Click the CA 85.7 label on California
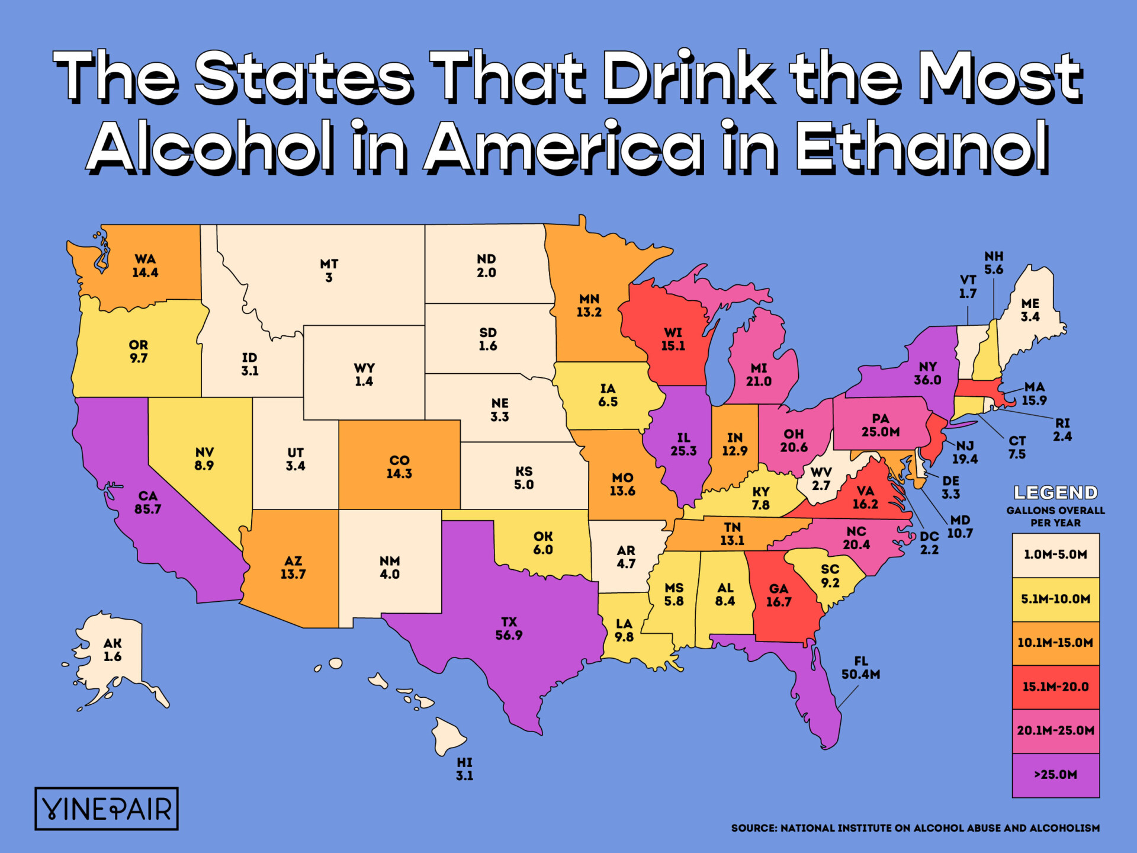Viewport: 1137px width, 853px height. (x=147, y=502)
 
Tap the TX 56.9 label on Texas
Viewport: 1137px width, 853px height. (x=509, y=628)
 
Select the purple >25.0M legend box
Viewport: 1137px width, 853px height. (x=1055, y=775)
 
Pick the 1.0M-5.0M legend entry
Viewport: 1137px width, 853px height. (x=1055, y=555)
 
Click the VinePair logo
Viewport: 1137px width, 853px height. (x=107, y=809)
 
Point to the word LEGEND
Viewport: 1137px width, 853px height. (x=1055, y=493)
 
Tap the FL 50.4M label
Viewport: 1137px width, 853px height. (x=860, y=668)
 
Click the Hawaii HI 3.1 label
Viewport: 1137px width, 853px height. (x=464, y=769)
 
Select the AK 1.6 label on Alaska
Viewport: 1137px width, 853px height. (x=113, y=650)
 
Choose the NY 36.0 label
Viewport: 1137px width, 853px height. (x=927, y=373)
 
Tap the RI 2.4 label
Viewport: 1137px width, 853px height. (x=1062, y=429)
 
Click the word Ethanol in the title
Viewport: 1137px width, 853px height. (x=921, y=146)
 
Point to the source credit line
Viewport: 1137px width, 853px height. (x=915, y=828)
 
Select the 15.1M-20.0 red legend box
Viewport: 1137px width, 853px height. (x=1055, y=687)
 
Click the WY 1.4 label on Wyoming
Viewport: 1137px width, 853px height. (x=364, y=374)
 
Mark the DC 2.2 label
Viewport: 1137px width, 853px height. (x=929, y=543)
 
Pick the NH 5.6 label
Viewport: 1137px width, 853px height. (x=994, y=262)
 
